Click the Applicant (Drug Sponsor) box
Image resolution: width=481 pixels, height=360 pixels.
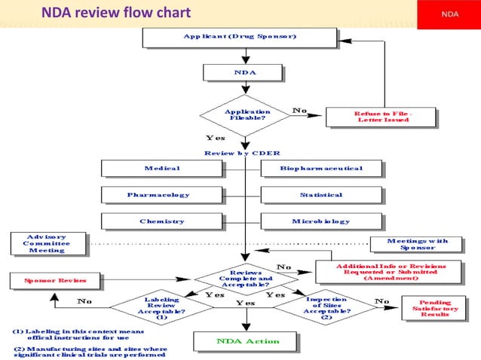tap(245, 37)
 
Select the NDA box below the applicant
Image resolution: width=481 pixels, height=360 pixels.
tap(244, 72)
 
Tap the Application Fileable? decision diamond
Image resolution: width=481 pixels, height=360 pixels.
tap(247, 115)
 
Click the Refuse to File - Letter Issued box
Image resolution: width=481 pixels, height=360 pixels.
tap(381, 116)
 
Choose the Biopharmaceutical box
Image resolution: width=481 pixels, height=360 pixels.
tap(321, 168)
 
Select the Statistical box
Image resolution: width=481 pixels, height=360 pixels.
tap(321, 195)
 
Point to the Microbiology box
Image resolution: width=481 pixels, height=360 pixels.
tap(321, 221)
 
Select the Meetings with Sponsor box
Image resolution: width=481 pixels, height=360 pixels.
tap(417, 244)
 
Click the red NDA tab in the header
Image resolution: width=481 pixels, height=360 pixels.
tap(450, 13)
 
